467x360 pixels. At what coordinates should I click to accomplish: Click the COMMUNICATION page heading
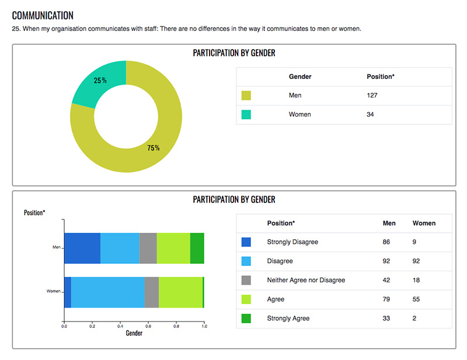pyautogui.click(x=43, y=15)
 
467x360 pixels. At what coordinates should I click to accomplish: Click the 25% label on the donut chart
pyautogui.click(x=100, y=81)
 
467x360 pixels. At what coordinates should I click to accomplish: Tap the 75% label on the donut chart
pyautogui.click(x=154, y=148)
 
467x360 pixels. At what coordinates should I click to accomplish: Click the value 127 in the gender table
pyautogui.click(x=372, y=96)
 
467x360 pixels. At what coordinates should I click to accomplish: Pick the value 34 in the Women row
pyautogui.click(x=370, y=114)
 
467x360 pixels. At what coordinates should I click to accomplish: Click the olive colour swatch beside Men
pyautogui.click(x=246, y=96)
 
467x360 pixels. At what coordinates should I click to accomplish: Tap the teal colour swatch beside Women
pyautogui.click(x=246, y=114)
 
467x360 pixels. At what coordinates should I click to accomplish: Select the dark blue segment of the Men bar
pyautogui.click(x=82, y=247)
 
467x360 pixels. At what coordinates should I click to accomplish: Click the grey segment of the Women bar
pyautogui.click(x=151, y=292)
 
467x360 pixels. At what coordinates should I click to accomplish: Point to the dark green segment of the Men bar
pyautogui.click(x=197, y=247)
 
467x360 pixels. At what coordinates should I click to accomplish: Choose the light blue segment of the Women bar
pyautogui.click(x=107, y=292)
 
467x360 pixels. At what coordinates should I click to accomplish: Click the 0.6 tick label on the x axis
pyautogui.click(x=148, y=327)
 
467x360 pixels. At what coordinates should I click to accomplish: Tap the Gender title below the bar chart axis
pyautogui.click(x=134, y=334)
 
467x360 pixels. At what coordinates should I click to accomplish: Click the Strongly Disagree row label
pyautogui.click(x=292, y=242)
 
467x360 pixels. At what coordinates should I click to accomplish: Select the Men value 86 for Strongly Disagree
pyautogui.click(x=387, y=242)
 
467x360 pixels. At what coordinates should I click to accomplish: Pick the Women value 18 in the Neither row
pyautogui.click(x=417, y=280)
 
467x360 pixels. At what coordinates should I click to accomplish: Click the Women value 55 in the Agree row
pyautogui.click(x=417, y=299)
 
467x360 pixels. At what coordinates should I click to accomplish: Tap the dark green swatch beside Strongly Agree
pyautogui.click(x=246, y=319)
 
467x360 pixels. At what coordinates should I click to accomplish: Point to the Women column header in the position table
pyautogui.click(x=424, y=223)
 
